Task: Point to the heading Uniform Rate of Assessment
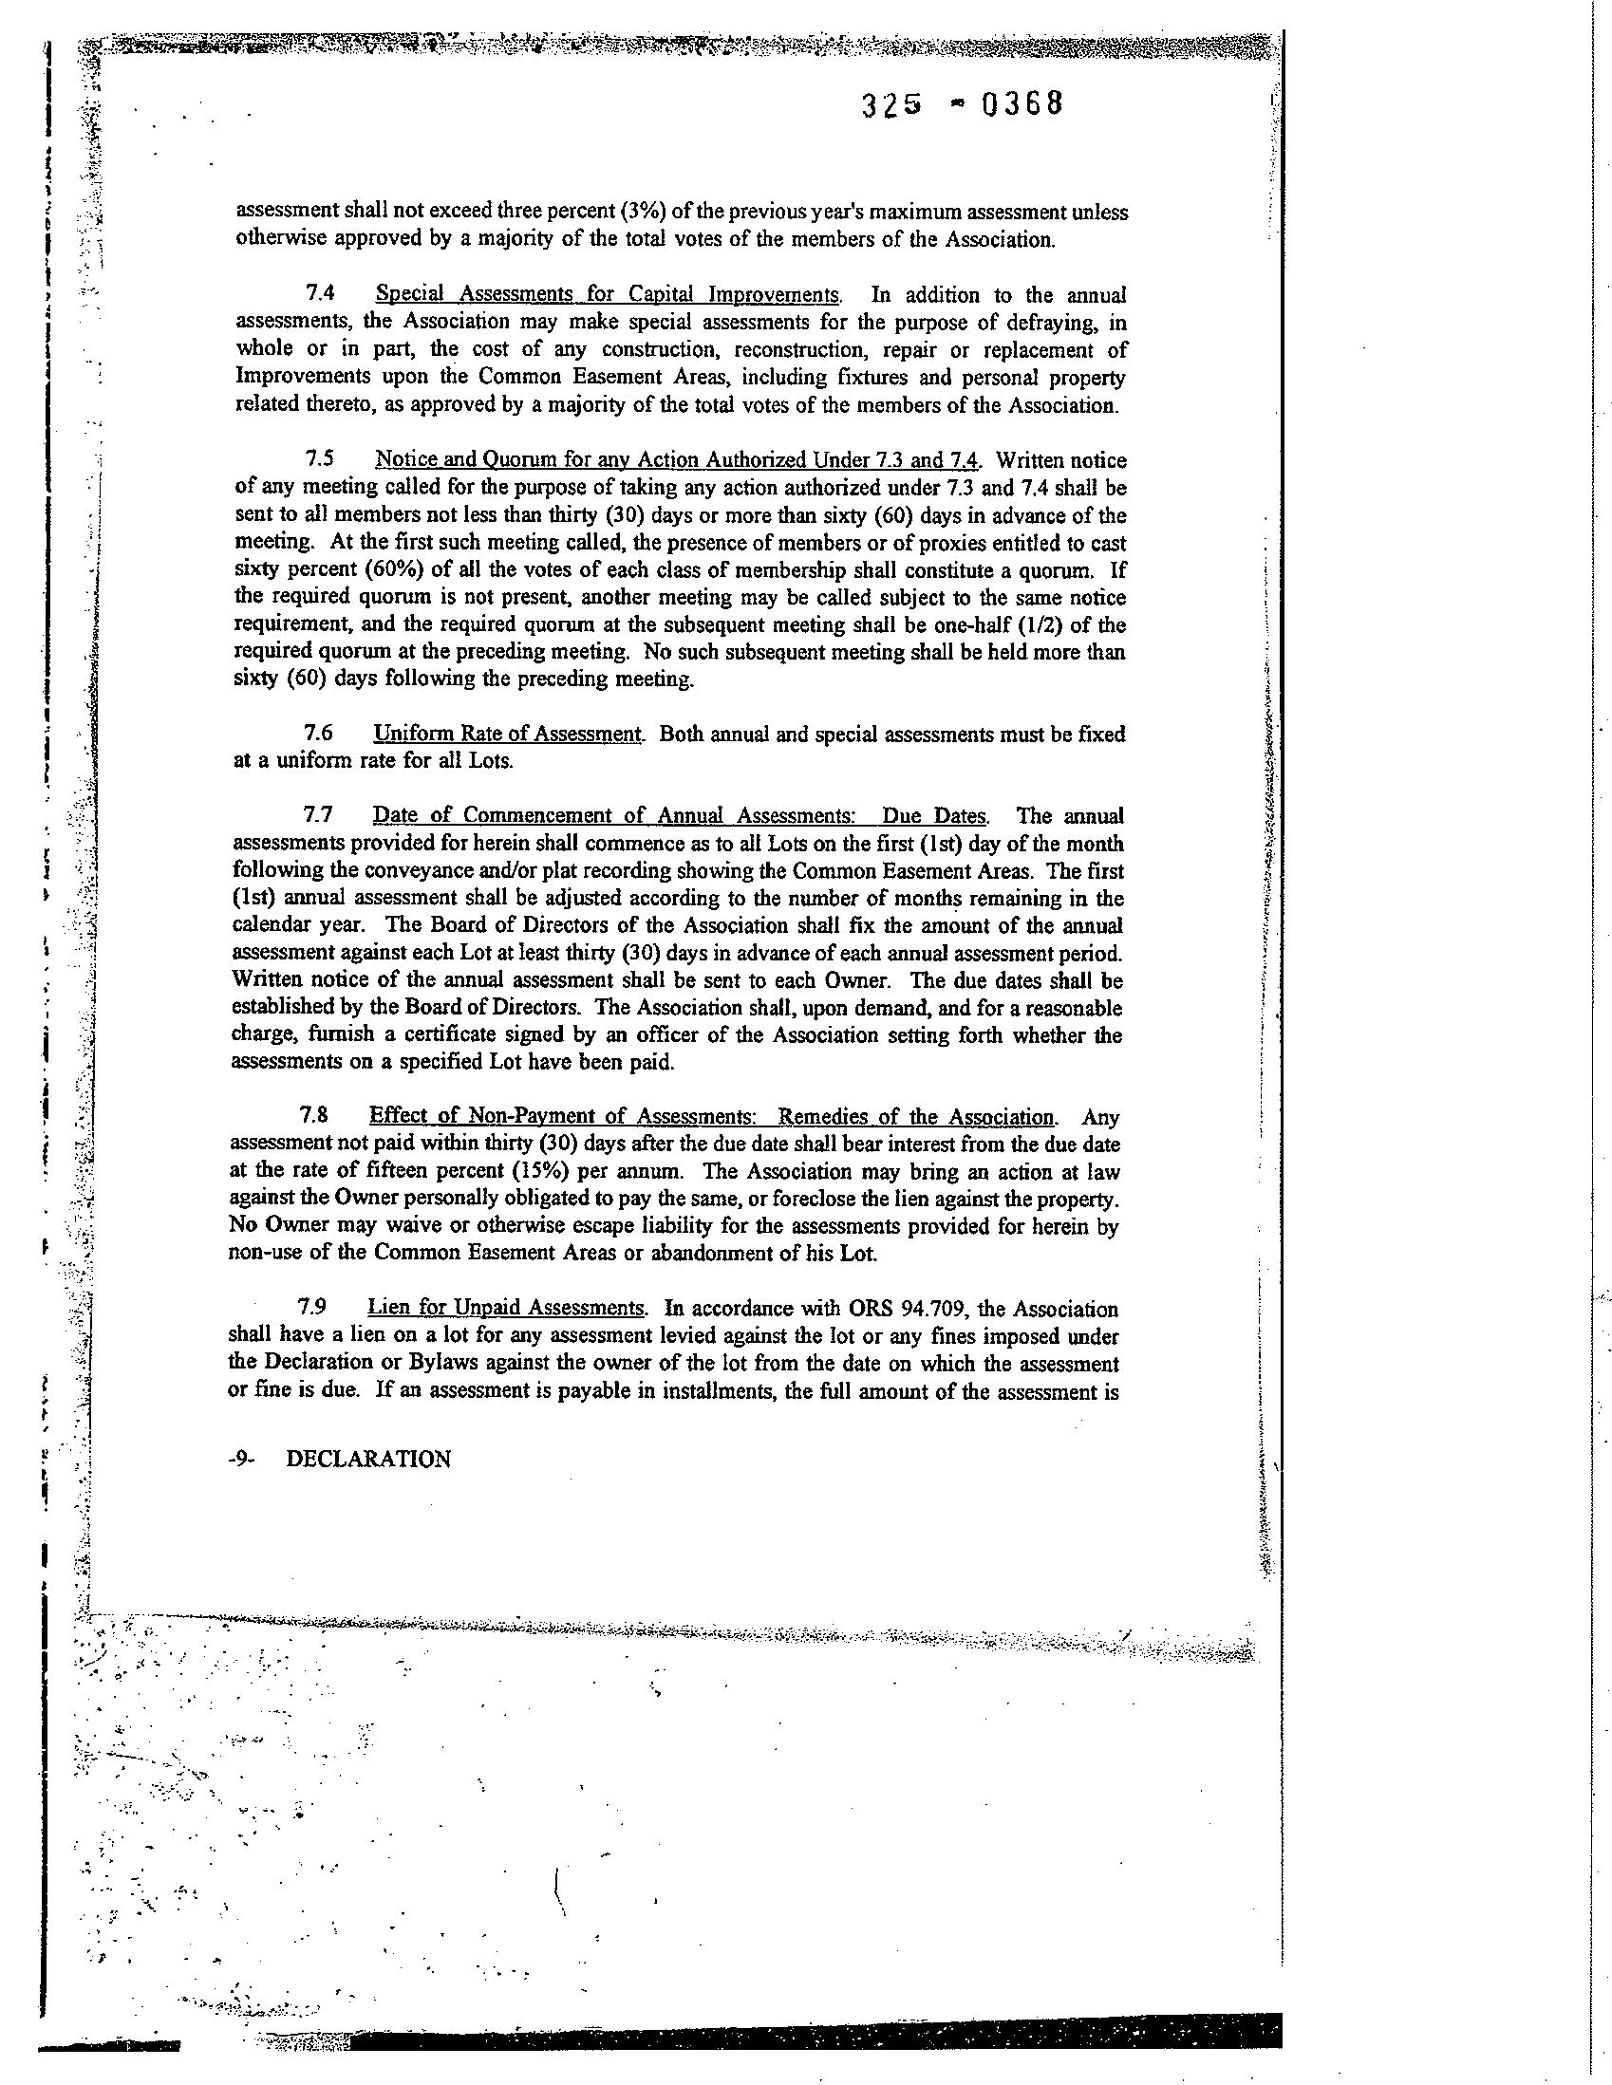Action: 507,735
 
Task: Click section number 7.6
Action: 318,735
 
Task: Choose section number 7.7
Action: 318,815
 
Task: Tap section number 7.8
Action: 316,1116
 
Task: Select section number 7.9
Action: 314,1307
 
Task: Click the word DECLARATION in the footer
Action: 368,1460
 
